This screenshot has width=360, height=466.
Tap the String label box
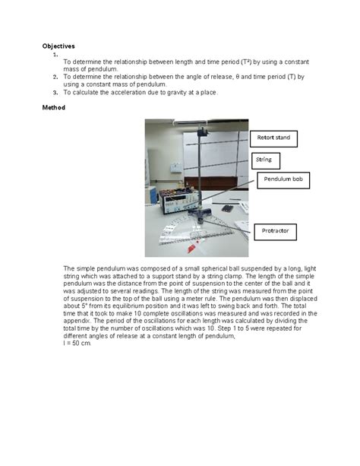(x=264, y=160)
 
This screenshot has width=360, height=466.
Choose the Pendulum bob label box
(x=282, y=180)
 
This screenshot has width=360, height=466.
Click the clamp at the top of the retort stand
(x=203, y=132)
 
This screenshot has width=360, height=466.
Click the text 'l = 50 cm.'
(x=77, y=344)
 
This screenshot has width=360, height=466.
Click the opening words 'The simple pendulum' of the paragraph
(x=95, y=269)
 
